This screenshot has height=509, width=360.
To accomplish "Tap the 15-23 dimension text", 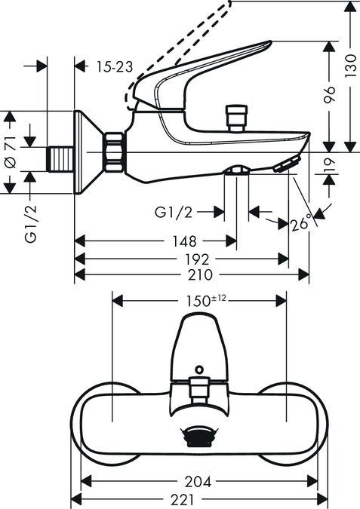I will point(115,67).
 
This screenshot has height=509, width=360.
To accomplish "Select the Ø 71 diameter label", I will point(10,152).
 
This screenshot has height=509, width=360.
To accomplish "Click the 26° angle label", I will point(300,223).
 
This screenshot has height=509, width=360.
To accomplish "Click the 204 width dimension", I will point(199,480).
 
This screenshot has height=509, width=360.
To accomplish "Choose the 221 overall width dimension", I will point(199,499).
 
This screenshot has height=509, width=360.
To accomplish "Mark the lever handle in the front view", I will point(198,343).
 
